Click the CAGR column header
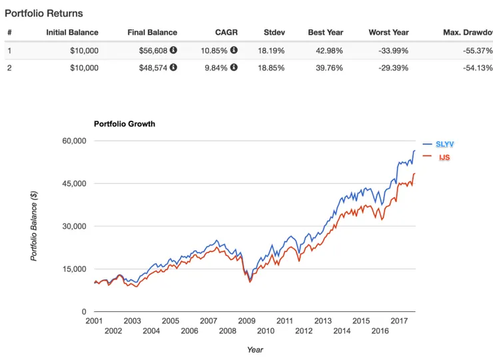coord(227,32)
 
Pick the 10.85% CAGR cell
coord(215,50)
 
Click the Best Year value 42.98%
coord(326,50)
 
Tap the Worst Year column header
coord(388,32)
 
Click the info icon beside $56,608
coord(173,50)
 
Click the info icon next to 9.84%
coord(234,67)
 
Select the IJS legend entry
coord(445,157)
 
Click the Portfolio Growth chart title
coord(125,124)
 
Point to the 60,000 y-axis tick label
coord(75,141)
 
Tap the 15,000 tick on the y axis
coord(75,269)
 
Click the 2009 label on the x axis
coord(246,321)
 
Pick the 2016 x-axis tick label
coord(380,331)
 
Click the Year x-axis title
coord(254,349)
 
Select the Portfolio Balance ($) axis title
coord(35,225)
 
